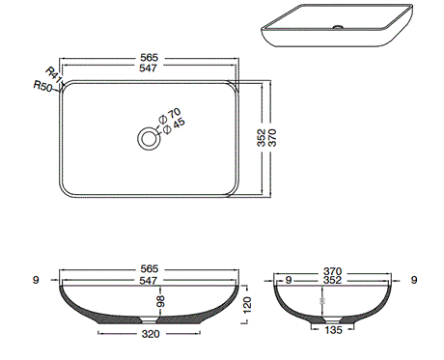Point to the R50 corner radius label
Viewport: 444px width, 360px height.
42,87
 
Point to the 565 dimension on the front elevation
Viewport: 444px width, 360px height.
148,267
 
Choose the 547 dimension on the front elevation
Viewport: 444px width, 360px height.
148,281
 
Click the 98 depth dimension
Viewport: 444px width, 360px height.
161,302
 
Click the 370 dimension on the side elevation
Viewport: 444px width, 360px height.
333,270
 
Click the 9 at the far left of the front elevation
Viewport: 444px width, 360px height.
35,281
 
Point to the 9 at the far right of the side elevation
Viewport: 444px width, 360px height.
414,281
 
